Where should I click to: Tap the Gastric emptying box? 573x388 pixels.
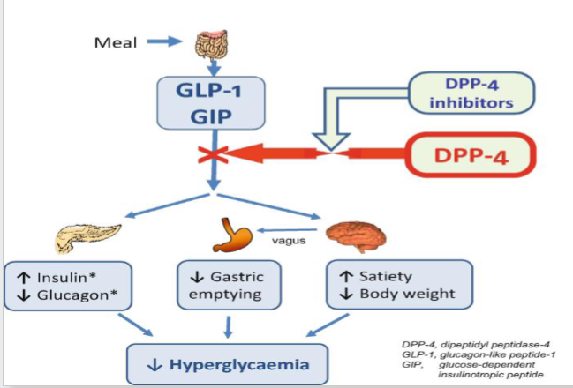pyautogui.click(x=229, y=286)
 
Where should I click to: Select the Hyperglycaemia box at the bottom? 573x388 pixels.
pyautogui.click(x=230, y=361)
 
